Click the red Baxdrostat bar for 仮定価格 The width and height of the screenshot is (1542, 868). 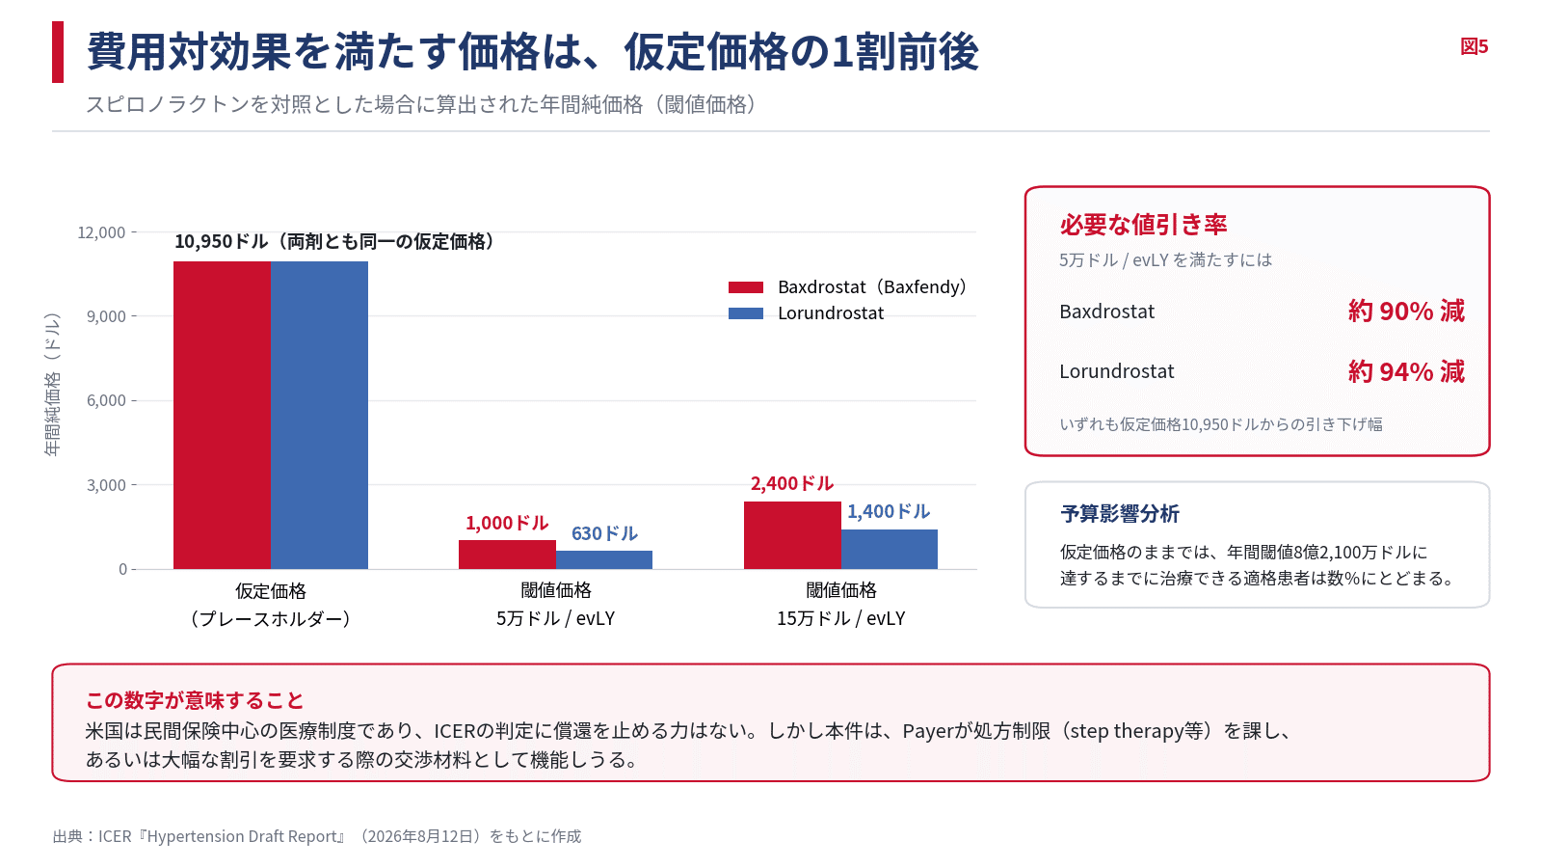222,416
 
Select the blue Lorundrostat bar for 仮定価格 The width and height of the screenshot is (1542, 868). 319,416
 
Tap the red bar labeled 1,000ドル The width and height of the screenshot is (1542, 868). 507,555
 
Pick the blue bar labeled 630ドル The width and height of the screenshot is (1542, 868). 604,560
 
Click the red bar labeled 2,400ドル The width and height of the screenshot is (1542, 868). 792,535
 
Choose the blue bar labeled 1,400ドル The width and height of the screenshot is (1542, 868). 890,549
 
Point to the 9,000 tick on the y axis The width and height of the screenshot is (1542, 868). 106,317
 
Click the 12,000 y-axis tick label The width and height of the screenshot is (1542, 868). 101,232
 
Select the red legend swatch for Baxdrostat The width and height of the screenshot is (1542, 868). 746,287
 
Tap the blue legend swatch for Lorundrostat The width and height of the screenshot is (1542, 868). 746,313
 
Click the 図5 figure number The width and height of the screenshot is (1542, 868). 1475,47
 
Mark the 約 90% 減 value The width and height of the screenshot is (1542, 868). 1406,312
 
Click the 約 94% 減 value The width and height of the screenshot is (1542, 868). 1406,372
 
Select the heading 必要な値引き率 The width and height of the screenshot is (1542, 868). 1143,225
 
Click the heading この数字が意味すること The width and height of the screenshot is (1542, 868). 195,700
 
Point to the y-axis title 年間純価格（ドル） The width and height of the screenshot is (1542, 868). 52,385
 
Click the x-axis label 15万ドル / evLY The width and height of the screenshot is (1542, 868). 841,618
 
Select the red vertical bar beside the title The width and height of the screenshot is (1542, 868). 58,52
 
